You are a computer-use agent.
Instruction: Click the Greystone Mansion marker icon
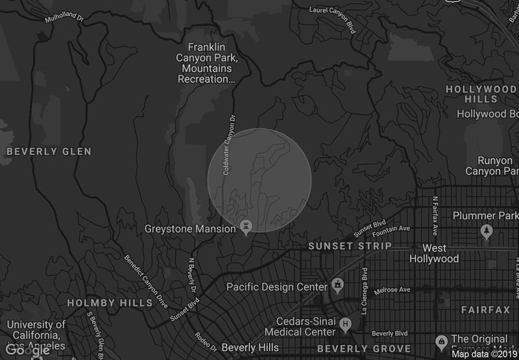click(246, 226)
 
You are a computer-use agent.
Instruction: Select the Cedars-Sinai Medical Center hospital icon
click(346, 323)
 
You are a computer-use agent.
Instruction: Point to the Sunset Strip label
click(350, 246)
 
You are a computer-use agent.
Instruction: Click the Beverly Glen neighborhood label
click(49, 151)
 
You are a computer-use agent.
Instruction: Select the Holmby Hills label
click(110, 303)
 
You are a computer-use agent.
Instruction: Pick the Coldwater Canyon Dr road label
click(228, 146)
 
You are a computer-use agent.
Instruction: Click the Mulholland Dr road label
click(66, 19)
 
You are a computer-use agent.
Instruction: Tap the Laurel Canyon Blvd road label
click(333, 11)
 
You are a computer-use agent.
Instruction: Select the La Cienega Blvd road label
click(365, 287)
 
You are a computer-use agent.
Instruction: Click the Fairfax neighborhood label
click(486, 311)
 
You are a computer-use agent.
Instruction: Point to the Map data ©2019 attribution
click(485, 354)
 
